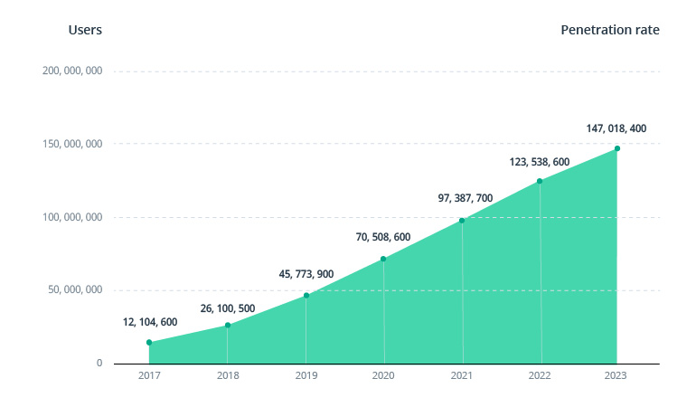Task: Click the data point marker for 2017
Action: point(149,343)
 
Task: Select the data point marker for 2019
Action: point(306,296)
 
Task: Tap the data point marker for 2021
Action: point(462,221)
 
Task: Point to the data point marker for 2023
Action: point(617,148)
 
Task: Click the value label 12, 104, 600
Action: point(150,322)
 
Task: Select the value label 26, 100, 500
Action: point(228,308)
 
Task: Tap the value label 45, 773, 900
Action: point(306,275)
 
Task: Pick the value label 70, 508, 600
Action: point(384,237)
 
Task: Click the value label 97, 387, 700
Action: point(462,197)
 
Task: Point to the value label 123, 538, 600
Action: point(540,162)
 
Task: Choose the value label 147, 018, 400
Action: point(616,128)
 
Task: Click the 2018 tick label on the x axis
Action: point(228,375)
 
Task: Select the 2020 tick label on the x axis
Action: point(384,375)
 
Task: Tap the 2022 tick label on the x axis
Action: point(540,375)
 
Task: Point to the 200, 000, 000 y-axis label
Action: point(72,71)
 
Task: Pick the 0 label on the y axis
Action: point(99,364)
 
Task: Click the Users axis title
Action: point(85,30)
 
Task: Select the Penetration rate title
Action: point(610,30)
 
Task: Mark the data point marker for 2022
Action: point(540,181)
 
